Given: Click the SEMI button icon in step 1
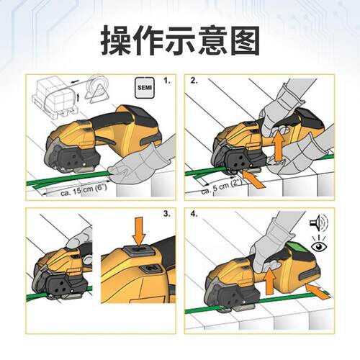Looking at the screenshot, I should point(144,87).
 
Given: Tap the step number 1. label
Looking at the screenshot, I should point(167,81).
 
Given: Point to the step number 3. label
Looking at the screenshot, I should point(167,215).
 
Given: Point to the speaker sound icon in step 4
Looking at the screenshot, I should point(318,222).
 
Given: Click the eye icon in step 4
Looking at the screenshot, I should point(318,246).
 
